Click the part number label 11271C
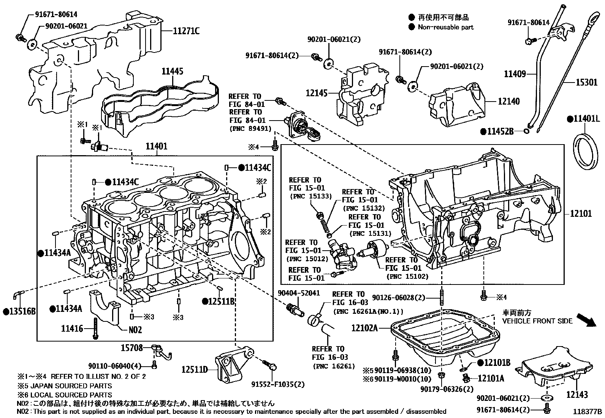click(x=186, y=32)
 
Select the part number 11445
click(x=172, y=71)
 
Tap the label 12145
click(x=317, y=92)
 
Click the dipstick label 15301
click(x=586, y=82)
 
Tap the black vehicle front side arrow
click(x=585, y=320)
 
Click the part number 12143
click(x=577, y=395)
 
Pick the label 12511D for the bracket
click(x=194, y=369)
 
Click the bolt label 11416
click(x=72, y=328)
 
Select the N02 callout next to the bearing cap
click(x=135, y=330)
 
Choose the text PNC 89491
click(x=251, y=129)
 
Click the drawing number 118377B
click(x=588, y=412)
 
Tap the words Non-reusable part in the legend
click(x=446, y=27)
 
